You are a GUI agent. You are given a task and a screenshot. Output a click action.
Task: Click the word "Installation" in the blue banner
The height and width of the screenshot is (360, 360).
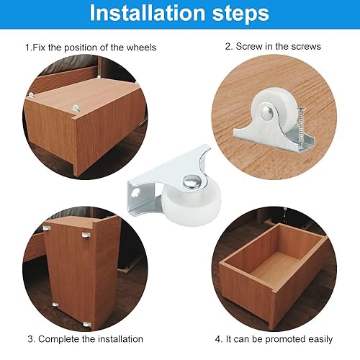147,13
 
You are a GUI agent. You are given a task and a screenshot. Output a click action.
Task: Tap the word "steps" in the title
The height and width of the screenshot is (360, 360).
240,14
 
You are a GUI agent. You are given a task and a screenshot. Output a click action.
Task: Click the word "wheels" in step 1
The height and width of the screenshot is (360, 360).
141,48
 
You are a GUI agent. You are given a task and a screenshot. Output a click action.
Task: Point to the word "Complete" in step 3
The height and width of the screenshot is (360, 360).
59,339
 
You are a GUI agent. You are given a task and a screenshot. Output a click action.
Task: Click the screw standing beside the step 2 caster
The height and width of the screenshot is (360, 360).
300,127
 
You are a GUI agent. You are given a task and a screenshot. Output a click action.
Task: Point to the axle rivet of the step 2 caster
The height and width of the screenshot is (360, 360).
268,112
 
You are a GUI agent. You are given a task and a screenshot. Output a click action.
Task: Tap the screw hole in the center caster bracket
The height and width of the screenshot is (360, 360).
136,192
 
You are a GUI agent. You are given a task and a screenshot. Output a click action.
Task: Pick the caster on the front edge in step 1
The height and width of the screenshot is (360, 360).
76,108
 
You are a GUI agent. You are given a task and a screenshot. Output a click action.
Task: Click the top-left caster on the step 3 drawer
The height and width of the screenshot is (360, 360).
47,228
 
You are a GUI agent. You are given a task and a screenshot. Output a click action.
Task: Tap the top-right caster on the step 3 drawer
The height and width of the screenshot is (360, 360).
86,235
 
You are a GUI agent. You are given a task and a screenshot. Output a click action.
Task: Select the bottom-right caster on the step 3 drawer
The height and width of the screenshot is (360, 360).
87,324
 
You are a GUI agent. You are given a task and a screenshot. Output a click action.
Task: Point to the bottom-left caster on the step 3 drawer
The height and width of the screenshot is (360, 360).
55,305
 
